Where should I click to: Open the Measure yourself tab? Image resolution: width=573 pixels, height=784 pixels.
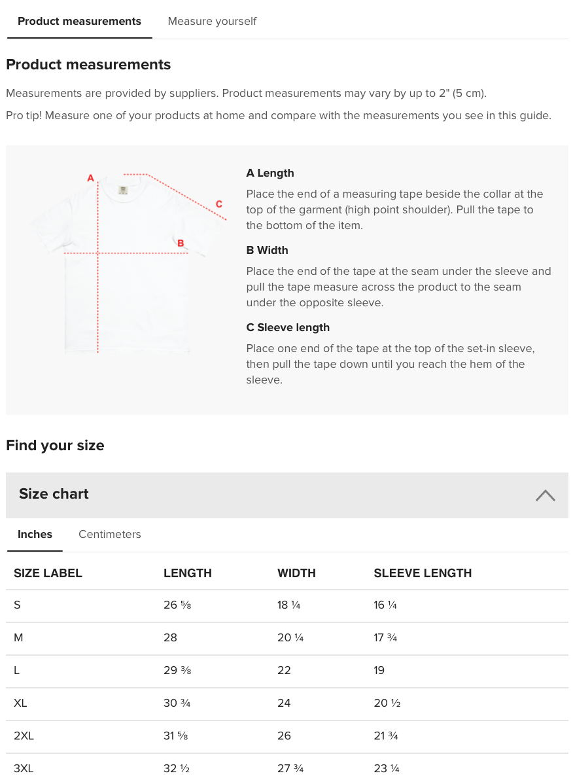(x=212, y=22)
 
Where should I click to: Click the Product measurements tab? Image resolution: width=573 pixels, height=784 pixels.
(x=79, y=22)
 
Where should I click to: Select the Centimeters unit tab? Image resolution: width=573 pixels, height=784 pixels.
(x=109, y=535)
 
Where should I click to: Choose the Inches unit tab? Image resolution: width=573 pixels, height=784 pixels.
(x=35, y=535)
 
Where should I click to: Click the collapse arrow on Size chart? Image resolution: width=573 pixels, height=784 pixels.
(x=545, y=495)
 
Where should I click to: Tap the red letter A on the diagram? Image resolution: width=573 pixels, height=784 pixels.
(x=91, y=178)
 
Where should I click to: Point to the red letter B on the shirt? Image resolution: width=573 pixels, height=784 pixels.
(x=181, y=243)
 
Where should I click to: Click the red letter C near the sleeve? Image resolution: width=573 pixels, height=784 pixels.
(x=218, y=204)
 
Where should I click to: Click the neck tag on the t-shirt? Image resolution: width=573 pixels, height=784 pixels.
(x=123, y=190)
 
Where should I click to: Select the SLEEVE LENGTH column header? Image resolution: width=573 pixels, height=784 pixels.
(x=423, y=573)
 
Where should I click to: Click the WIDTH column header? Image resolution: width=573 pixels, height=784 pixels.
(x=296, y=573)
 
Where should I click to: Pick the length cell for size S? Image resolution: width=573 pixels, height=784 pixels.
(x=177, y=605)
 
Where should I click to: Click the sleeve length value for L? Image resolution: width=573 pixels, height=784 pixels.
(x=379, y=671)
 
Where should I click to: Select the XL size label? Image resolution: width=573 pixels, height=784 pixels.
(x=20, y=704)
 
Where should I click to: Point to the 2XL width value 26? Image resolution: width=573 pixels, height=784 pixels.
(x=284, y=736)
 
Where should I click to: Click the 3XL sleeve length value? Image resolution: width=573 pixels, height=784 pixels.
(x=387, y=769)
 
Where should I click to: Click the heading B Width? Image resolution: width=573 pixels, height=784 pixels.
(x=267, y=251)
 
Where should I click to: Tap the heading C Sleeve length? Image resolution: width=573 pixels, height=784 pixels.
(x=288, y=328)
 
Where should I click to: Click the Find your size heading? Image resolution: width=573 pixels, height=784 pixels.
(x=55, y=446)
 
